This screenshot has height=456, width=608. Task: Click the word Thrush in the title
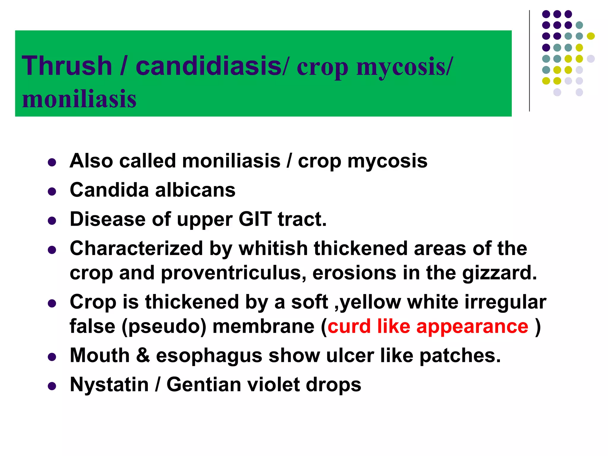[67, 66]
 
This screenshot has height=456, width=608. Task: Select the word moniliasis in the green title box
[79, 99]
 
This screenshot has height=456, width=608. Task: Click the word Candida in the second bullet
[109, 190]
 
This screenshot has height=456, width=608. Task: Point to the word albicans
[195, 190]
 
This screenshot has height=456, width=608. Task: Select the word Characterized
[136, 248]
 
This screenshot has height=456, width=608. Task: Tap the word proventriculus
[233, 273]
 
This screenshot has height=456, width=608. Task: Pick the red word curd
[349, 326]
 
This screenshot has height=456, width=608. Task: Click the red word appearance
[472, 326]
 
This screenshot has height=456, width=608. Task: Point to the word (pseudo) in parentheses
[164, 326]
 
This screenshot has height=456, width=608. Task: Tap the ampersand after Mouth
[143, 355]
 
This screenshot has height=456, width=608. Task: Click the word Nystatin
[109, 385]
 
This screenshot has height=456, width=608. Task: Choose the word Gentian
[204, 385]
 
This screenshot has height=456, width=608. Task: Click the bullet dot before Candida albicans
[52, 191]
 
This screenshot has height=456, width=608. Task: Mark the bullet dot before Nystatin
[52, 386]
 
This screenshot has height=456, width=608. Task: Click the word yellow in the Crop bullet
[370, 302]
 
